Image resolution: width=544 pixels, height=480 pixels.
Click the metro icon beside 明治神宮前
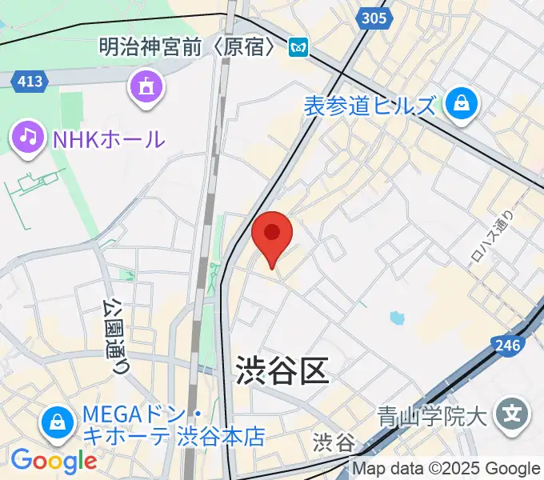point(300,48)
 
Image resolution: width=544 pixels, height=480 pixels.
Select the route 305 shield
point(374,18)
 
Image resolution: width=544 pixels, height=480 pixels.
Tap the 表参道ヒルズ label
point(370,105)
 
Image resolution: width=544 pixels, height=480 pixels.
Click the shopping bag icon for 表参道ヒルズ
point(462,103)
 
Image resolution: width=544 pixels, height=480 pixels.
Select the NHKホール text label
point(109,139)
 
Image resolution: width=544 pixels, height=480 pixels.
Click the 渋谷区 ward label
point(282,371)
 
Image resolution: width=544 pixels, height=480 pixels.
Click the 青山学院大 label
point(432,415)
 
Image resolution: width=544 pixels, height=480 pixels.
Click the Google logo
point(53,461)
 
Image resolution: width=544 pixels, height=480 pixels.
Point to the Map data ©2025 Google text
point(446,469)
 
